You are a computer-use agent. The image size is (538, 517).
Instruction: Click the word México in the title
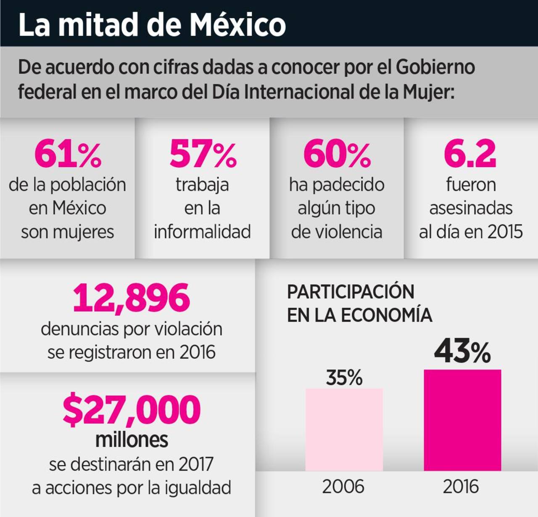pos(237,24)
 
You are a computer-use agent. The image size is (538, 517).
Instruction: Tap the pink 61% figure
pos(68,154)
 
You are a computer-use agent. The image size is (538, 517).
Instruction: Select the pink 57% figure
pos(203,154)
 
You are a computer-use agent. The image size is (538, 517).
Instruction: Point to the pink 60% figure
pos(337,154)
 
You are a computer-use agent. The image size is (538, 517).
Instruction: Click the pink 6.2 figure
pos(470,154)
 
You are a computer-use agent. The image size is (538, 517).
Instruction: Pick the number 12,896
pos(132,298)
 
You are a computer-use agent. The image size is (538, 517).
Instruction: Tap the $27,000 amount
pos(132,409)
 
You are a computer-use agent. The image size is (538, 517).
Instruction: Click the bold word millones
pos(132,440)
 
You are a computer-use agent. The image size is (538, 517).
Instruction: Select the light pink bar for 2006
pos(344,429)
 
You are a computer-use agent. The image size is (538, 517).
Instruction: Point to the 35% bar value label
pos(344,378)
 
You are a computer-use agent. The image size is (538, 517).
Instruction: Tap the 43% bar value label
pos(462,352)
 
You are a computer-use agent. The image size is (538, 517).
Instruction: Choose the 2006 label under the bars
pos(343,487)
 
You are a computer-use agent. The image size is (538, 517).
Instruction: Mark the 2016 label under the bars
pos(461,487)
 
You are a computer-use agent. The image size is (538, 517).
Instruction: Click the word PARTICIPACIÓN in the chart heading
pos(351,292)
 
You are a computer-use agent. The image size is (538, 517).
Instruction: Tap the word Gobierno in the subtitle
pos(435,67)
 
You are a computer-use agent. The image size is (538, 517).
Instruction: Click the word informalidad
pos(202,232)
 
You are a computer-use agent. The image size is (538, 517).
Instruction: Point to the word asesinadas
pos(471,208)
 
